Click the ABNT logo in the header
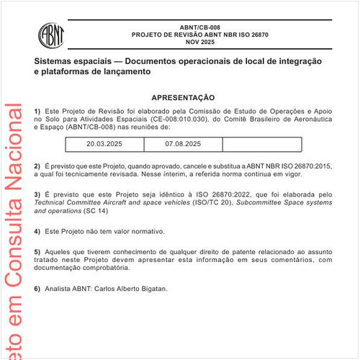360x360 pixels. click(x=51, y=34)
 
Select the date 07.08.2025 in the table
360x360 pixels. click(x=182, y=144)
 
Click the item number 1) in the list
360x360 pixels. click(x=37, y=110)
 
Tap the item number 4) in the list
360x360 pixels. click(x=37, y=231)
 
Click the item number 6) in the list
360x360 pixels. click(x=37, y=288)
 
